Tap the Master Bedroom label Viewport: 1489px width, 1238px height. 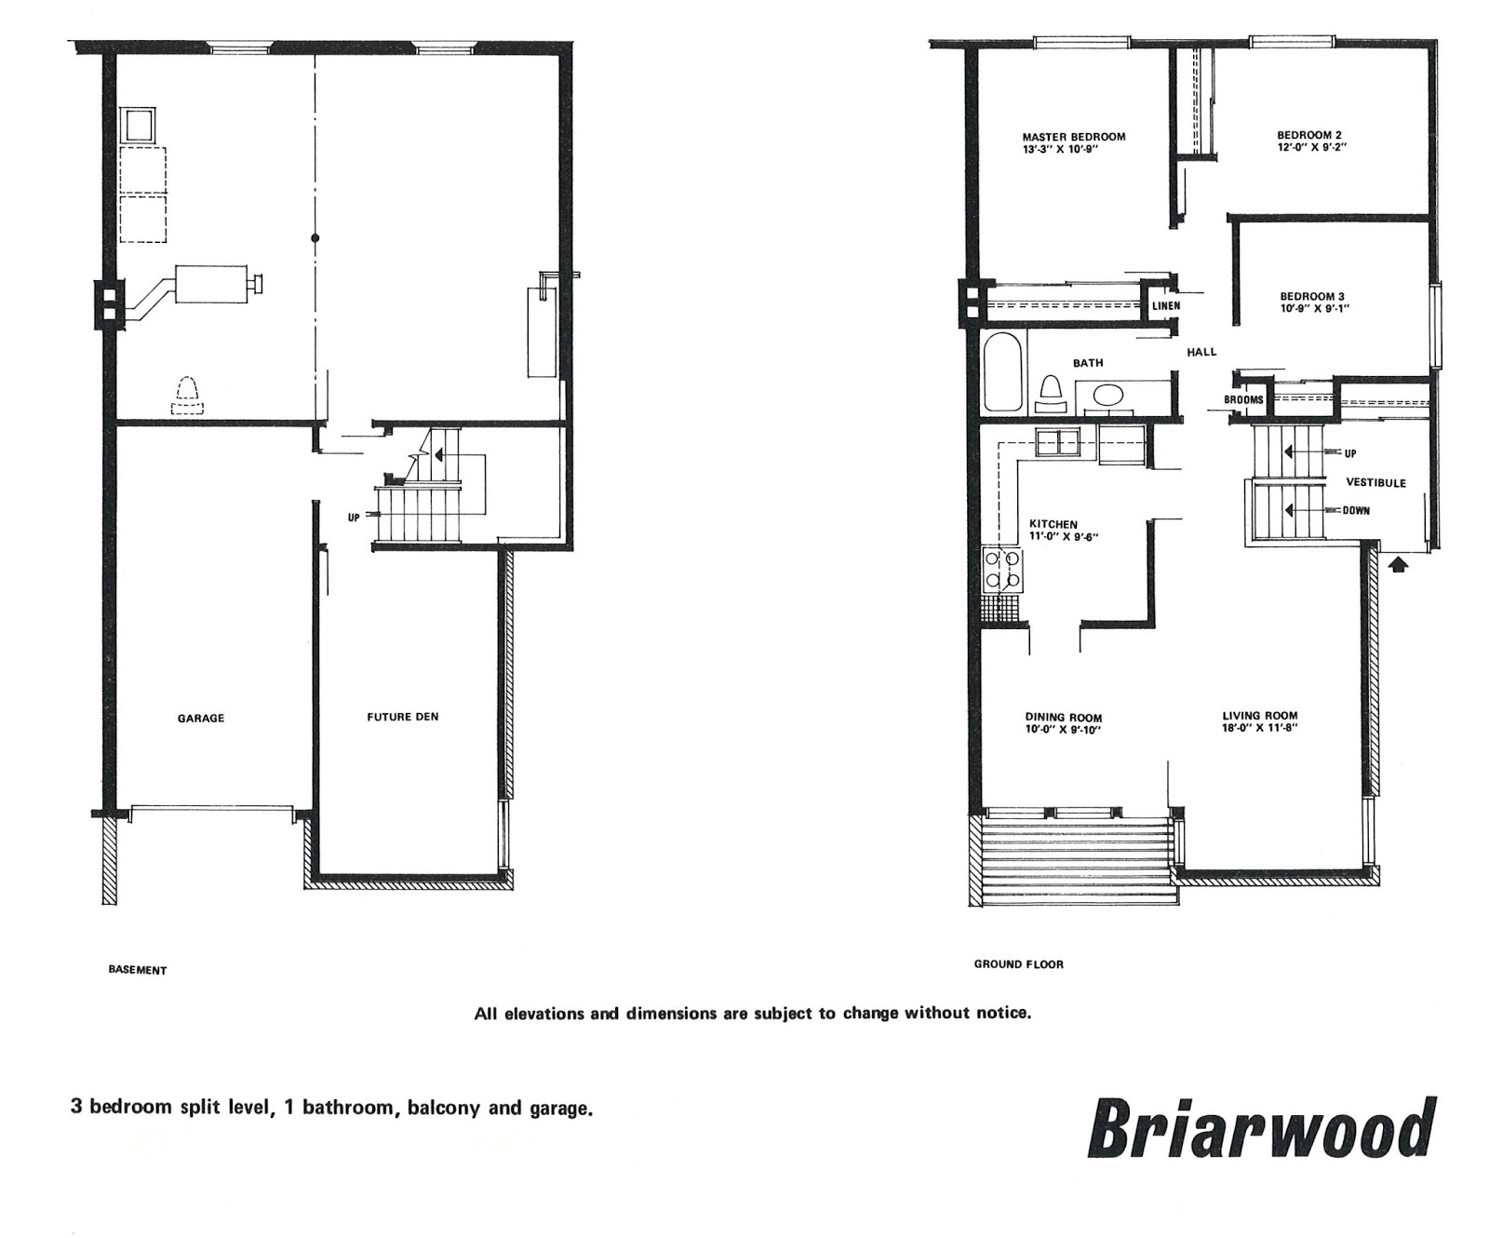1073,137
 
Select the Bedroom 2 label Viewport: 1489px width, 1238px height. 1309,135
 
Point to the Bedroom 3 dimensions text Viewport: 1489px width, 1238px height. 1314,308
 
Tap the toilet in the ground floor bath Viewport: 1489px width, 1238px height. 1052,393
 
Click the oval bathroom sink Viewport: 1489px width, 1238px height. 1107,396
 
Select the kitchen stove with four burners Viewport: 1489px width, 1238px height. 1003,571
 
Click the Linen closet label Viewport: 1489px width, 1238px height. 1166,306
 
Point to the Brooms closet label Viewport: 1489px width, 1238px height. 1244,400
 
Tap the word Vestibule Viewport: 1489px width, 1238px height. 1376,483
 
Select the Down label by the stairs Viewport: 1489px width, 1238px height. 1356,511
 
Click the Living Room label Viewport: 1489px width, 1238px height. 1260,717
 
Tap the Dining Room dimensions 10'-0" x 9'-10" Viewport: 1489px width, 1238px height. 1064,730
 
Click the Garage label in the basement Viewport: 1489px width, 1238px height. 201,719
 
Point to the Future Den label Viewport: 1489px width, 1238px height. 402,717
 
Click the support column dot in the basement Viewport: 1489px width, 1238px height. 315,238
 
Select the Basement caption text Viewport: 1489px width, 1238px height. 138,970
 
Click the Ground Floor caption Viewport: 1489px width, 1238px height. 1019,964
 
